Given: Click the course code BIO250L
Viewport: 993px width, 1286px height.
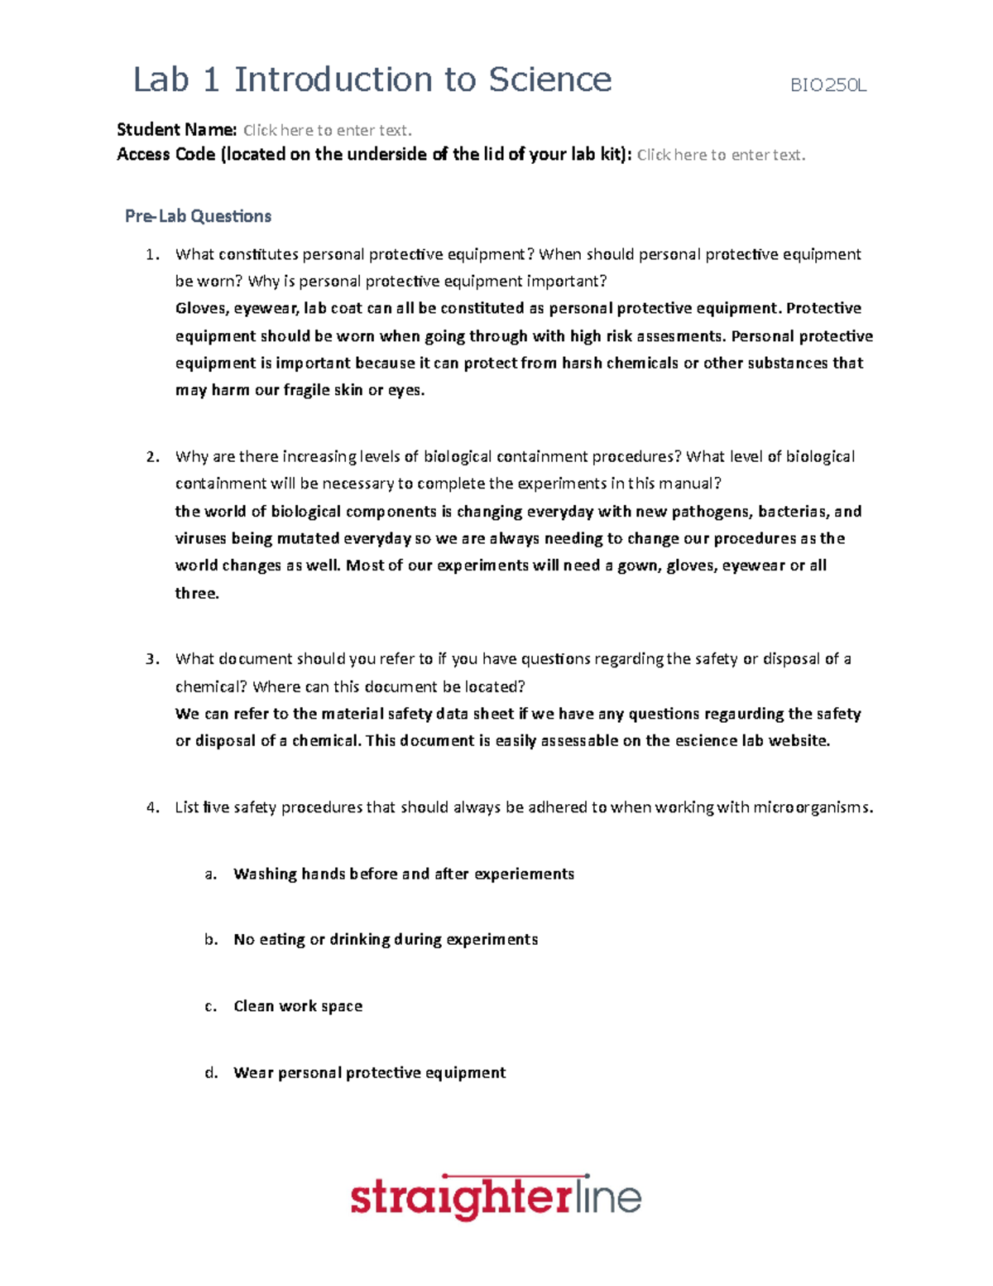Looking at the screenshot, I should coord(828,85).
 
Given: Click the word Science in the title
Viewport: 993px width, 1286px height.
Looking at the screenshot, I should coord(549,80).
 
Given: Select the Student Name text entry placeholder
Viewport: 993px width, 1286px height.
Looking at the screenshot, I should coord(327,130).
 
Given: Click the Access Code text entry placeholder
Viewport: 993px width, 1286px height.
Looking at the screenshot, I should coord(721,155).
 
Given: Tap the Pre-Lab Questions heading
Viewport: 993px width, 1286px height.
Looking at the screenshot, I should coord(198,216).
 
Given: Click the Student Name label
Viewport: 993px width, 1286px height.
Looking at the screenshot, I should coord(176,130).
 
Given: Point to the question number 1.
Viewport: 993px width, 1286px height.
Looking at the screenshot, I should coord(151,254).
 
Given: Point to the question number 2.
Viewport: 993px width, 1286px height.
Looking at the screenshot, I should coord(151,457).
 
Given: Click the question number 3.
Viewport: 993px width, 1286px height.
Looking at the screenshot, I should coord(151,659).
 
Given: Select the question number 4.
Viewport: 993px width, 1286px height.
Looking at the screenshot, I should coord(151,807).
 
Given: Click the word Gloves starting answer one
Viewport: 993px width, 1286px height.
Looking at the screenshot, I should coord(200,309).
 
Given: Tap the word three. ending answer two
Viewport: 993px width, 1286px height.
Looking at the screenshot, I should coord(197,594).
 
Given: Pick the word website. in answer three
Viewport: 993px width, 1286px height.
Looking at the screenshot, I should coord(799,741).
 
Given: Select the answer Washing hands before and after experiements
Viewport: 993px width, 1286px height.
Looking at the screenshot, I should coord(404,874).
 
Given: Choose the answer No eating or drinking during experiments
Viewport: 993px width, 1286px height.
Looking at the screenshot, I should coord(386,940).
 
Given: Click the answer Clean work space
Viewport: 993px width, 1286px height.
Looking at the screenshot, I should coord(298,1006).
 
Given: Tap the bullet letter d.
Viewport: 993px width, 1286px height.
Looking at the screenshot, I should coord(211,1073).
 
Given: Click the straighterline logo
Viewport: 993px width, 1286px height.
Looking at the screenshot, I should coord(496,1198).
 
